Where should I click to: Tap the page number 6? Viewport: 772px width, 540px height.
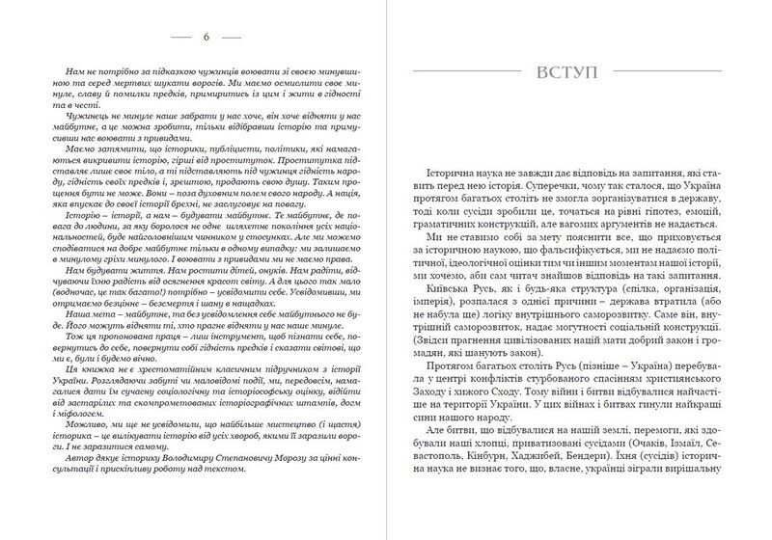point(207,38)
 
